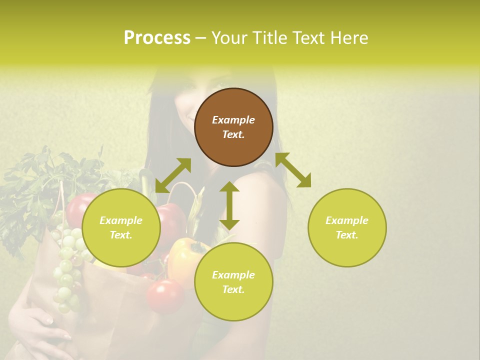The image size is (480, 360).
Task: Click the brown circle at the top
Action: coord(233,127)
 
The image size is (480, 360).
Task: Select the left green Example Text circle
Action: coord(121,227)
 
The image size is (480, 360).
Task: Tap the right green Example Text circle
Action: coord(347,227)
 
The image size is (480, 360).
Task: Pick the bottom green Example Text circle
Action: coord(233,282)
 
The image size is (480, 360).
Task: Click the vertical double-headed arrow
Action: coord(229,205)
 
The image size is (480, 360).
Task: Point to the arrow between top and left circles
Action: coord(173,175)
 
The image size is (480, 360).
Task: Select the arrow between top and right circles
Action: coord(293,170)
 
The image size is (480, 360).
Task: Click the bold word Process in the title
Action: coord(157,37)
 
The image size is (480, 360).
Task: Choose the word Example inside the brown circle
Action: coord(233,120)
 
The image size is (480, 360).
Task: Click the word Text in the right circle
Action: coord(347,235)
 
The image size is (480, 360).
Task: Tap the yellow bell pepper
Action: coord(185,257)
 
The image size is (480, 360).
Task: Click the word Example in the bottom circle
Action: coord(233,275)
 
